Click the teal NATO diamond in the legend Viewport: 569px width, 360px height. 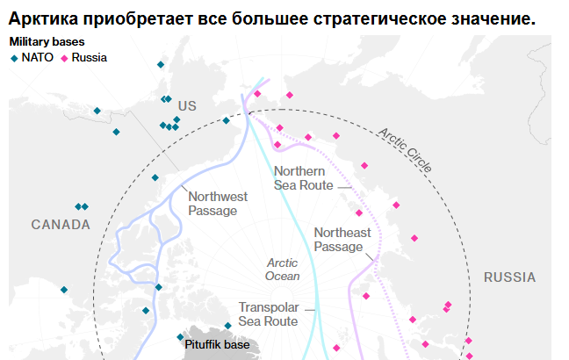click(13, 58)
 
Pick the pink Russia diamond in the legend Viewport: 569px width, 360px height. click(63, 58)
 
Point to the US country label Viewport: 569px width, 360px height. click(187, 105)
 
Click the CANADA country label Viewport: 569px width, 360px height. click(61, 225)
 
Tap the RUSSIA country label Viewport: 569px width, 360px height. click(509, 277)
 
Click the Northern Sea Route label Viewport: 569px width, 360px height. click(303, 178)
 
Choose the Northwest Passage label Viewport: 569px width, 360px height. click(219, 204)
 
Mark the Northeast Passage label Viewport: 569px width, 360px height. click(342, 240)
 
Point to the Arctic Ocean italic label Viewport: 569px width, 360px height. click(282, 270)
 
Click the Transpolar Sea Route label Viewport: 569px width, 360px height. click(268, 314)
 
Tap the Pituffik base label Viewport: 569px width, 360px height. click(217, 345)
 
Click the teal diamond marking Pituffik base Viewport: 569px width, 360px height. click(181, 337)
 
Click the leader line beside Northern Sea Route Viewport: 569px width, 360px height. click(344, 186)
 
